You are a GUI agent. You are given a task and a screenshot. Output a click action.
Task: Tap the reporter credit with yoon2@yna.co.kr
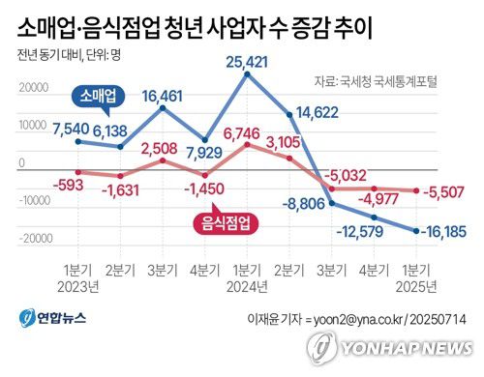359,318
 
